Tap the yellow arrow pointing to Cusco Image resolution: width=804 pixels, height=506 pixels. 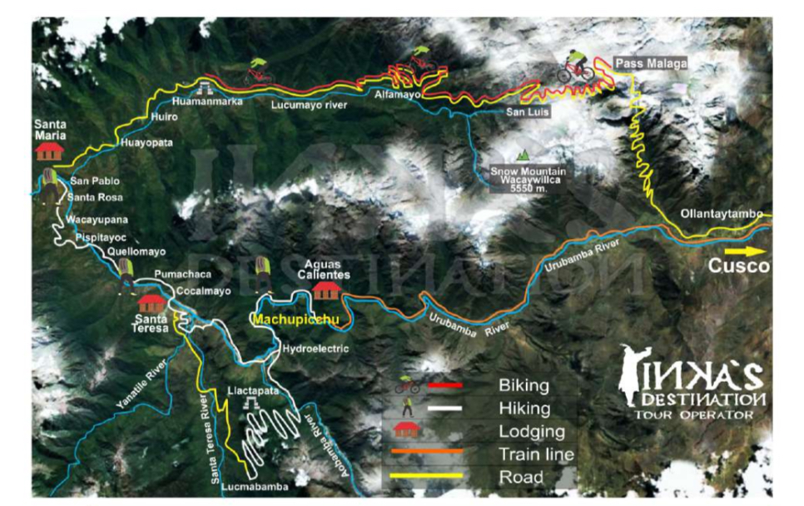tap(746, 250)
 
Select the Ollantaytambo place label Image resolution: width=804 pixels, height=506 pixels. tap(721, 214)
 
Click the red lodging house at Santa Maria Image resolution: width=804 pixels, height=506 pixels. tap(50, 151)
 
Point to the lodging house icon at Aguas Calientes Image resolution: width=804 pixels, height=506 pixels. tap(325, 290)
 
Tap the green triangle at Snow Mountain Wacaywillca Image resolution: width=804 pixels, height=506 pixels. tap(523, 155)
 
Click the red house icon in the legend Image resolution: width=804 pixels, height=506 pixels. tap(405, 430)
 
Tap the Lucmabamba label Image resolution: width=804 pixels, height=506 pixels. tap(255, 486)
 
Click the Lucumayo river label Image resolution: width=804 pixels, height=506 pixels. tap(309, 106)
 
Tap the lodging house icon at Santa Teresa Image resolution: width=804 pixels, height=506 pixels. tap(151, 302)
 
